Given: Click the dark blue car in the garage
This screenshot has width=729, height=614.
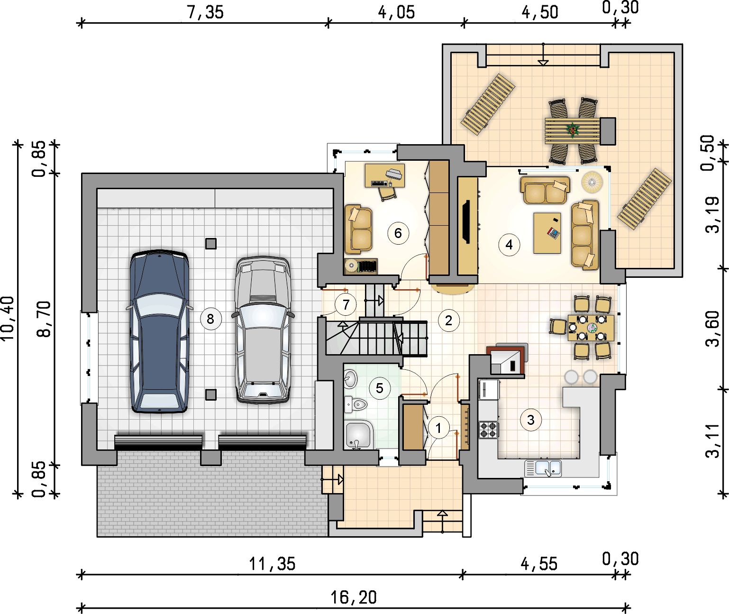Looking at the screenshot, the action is point(159,331).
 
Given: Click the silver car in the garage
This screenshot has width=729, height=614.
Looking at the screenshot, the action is point(263,330).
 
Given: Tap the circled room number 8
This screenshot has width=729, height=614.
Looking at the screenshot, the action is point(210,319).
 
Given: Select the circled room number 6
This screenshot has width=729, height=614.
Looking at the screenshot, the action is point(398,233).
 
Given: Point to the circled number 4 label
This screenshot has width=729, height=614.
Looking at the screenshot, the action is point(509,245).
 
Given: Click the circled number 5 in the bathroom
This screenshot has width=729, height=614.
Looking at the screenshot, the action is point(380,388).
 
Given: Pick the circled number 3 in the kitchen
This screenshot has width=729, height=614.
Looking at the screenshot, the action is point(531,420).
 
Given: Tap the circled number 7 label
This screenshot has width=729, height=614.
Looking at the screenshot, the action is point(346,304).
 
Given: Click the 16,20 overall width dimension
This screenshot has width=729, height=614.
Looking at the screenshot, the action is point(354,597).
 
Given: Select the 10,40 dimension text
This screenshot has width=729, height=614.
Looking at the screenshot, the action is point(8,318).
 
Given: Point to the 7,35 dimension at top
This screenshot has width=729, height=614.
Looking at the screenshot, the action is point(205,12).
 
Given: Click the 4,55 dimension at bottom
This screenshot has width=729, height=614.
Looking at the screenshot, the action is point(539,564).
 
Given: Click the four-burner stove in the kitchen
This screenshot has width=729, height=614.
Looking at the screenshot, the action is point(488,430).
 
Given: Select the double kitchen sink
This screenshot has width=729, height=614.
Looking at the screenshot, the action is point(543,468).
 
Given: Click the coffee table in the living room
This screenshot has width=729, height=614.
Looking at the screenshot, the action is point(547,233).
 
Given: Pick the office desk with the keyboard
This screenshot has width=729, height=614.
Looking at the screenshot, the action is point(385,176).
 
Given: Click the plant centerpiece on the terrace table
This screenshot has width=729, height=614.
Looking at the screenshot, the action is point(573,130).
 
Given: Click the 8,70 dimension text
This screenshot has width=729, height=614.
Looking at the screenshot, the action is point(44,319).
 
